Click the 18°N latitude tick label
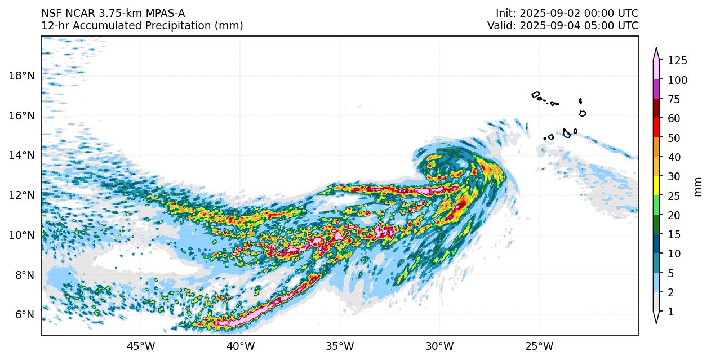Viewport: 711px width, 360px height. point(21,76)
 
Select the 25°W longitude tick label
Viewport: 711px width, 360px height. point(539,345)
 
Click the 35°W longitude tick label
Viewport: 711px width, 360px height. point(340,345)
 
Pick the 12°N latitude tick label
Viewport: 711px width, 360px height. point(21,195)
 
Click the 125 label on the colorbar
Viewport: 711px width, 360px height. point(678,61)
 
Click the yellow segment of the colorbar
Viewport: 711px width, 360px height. point(656,185)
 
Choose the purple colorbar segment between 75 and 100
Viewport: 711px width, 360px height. point(656,89)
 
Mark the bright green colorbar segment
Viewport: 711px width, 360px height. point(656,205)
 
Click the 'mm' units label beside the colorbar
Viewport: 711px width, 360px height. point(699,186)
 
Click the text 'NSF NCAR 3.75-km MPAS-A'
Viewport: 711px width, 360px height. point(113,14)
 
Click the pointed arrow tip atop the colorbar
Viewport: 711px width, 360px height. point(656,50)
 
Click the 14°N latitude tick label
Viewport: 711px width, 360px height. point(21,155)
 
